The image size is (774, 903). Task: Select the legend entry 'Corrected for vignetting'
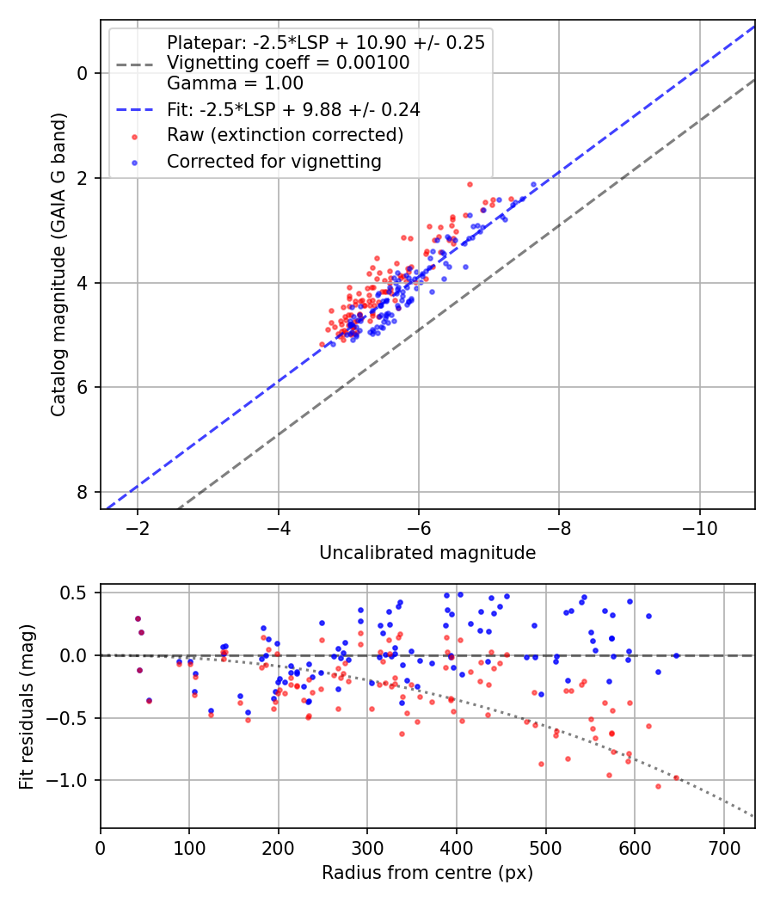(274, 161)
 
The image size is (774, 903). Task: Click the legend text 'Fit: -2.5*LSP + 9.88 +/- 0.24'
(293, 109)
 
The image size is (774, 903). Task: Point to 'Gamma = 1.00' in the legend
(235, 83)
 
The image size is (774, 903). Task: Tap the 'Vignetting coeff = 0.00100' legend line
(288, 63)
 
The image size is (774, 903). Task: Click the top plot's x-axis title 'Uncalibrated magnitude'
(427, 553)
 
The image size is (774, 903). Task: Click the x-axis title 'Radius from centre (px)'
(427, 873)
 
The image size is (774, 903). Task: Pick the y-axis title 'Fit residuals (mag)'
(27, 706)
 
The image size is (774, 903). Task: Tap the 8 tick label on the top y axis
(83, 492)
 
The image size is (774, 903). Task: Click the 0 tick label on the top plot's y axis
(83, 73)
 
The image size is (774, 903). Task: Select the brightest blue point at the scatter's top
(533, 185)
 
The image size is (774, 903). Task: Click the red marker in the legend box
(134, 135)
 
